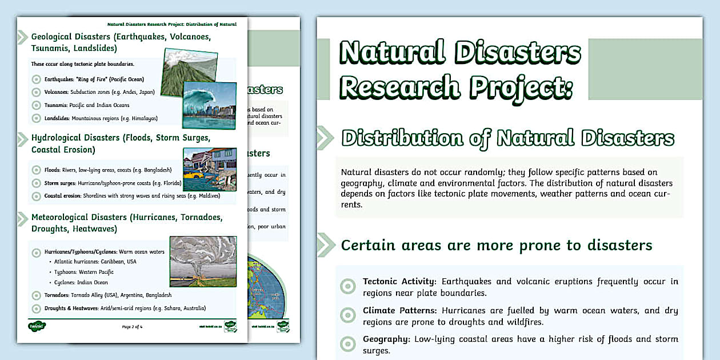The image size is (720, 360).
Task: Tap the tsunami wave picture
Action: click(209, 105)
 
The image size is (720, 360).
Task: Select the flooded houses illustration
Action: click(209, 169)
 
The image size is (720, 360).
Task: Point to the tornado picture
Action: click(203, 261)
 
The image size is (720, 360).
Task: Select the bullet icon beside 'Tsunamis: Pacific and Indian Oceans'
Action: click(36, 105)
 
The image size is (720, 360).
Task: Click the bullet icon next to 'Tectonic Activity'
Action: click(347, 286)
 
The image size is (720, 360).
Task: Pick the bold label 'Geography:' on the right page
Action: click(386, 339)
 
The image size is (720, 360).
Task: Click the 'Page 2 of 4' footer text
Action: click(132, 327)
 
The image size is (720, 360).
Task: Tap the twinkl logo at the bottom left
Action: click(37, 326)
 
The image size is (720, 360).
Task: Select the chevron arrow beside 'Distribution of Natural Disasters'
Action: click(325, 138)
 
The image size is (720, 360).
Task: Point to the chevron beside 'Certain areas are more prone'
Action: click(325, 245)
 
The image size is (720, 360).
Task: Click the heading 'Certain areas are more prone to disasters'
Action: click(496, 245)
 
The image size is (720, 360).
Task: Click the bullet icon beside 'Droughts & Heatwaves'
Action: click(36, 308)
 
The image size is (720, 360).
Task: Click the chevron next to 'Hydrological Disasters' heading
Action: click(22, 139)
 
